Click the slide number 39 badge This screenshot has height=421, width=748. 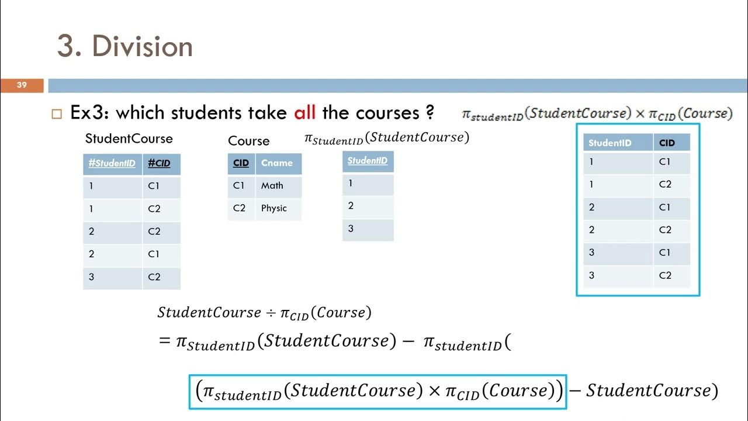(x=22, y=85)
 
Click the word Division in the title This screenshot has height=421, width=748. (x=142, y=47)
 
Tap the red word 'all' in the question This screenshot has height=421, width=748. (x=304, y=112)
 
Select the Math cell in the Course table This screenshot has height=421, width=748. (x=272, y=186)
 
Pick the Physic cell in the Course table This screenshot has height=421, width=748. (x=274, y=208)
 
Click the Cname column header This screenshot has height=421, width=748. (x=277, y=163)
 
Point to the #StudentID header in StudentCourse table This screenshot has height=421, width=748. (x=112, y=164)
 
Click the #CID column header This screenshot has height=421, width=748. (x=159, y=164)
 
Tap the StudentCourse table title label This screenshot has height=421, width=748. (x=129, y=139)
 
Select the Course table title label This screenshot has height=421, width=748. (x=248, y=141)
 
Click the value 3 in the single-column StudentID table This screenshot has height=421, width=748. (x=351, y=229)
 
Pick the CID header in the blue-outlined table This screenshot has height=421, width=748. (x=667, y=143)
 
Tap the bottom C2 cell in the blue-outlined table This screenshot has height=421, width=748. (x=665, y=275)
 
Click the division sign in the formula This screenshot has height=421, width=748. (x=271, y=313)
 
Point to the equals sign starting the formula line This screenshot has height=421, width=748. (x=164, y=341)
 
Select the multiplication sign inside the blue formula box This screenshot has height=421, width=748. (x=434, y=391)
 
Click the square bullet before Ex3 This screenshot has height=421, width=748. (x=57, y=113)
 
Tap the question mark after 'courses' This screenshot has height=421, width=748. (x=430, y=112)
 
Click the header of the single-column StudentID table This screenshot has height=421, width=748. (x=368, y=161)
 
